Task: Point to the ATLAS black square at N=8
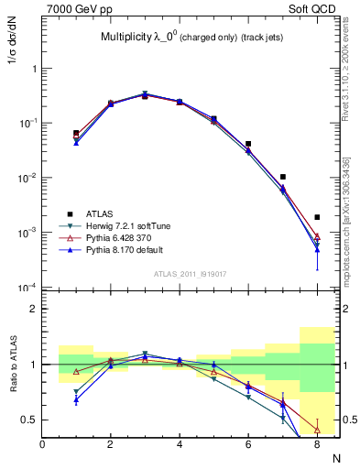[317, 217]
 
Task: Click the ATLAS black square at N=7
[283, 177]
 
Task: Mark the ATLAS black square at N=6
[248, 144]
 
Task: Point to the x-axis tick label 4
[180, 444]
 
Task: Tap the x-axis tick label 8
[317, 444]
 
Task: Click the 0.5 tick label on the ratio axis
[30, 420]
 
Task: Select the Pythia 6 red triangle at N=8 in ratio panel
[317, 429]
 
